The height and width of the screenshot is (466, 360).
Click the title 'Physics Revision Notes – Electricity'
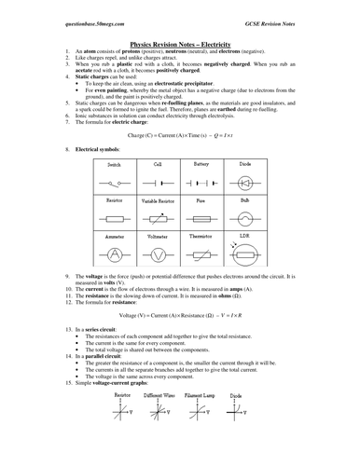click(x=180, y=42)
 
